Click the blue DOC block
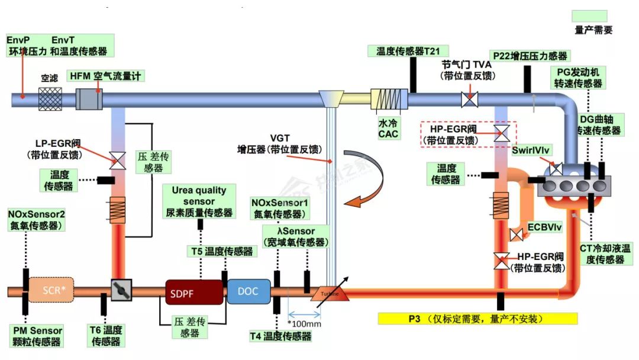click(248, 291)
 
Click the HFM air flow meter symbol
click(91, 98)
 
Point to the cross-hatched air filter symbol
click(50, 98)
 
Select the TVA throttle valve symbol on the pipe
click(470, 99)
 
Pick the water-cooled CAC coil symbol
click(389, 99)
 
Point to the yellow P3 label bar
click(477, 319)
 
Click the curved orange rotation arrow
click(370, 178)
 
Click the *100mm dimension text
click(304, 324)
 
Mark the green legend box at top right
click(589, 16)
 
